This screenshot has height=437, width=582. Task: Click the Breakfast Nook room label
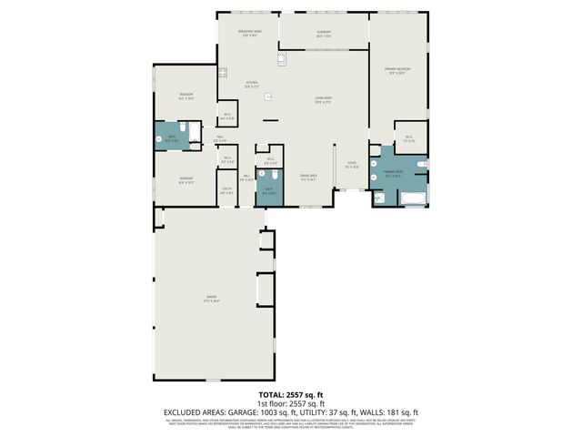pos(250,33)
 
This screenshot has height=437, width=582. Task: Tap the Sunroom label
pos(323,35)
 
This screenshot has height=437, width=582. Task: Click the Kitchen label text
pos(253,85)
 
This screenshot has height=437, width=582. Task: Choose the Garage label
pos(211,298)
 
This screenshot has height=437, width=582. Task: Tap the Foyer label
pos(350,165)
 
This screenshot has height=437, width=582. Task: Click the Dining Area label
pos(308,178)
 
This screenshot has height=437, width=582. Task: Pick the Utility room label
pos(227,191)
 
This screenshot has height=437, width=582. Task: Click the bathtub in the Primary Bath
pos(414,198)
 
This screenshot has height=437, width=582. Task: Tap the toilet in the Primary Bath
pos(420,164)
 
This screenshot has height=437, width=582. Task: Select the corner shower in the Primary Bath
pos(379,197)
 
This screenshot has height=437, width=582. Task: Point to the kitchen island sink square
pos(267,97)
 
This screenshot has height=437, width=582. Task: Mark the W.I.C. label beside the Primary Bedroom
pos(409,139)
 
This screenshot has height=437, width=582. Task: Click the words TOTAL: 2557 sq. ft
pos(290,395)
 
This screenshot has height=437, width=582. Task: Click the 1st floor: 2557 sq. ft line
pos(290,403)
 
